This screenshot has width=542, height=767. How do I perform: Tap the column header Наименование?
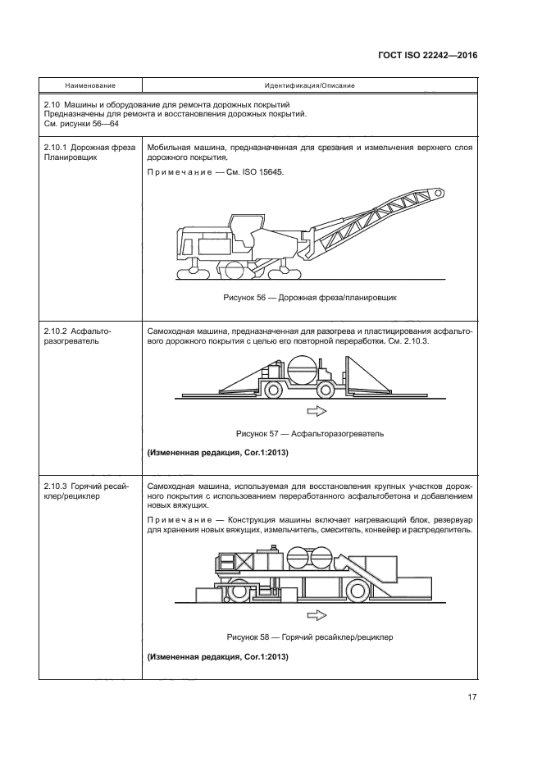pos(91,85)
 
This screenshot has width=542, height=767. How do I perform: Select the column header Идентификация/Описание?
pos(309,85)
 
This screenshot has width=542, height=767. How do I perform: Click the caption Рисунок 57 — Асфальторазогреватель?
pos(309,432)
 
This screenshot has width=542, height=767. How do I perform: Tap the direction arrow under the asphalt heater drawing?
pos(316,411)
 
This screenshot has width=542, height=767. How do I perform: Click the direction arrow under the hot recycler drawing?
pos(316,614)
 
